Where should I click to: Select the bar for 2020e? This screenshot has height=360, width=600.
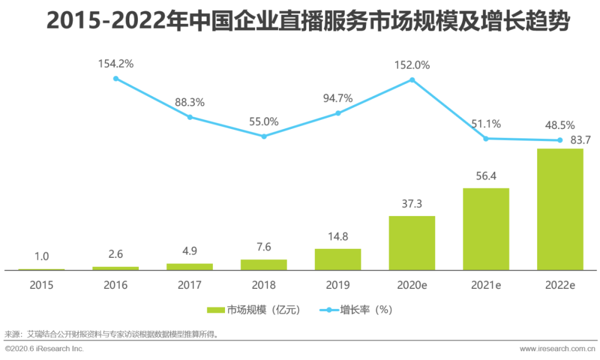coord(412,243)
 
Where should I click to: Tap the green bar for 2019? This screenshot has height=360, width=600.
coord(338,259)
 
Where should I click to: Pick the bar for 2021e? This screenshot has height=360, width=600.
coord(486,229)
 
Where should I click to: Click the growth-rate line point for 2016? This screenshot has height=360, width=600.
coord(116,78)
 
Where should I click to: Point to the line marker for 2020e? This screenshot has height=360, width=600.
coord(412,79)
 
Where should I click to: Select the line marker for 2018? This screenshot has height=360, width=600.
coord(264,136)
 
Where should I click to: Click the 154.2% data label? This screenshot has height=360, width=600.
coord(116,64)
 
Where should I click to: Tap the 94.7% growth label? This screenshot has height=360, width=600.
coord(338,98)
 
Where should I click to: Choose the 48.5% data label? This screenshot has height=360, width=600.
coord(559,125)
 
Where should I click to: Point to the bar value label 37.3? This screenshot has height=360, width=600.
coord(412,204)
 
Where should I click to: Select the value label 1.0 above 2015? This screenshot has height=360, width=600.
coord(42,257)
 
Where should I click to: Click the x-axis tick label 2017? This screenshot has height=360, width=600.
coord(189,285)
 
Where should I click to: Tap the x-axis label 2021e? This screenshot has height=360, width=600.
coord(486,285)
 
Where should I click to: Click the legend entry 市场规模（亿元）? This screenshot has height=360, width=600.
coord(253,310)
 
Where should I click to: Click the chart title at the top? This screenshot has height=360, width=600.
coord(300,22)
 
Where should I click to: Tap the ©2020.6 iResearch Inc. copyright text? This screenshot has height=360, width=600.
coord(44,349)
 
